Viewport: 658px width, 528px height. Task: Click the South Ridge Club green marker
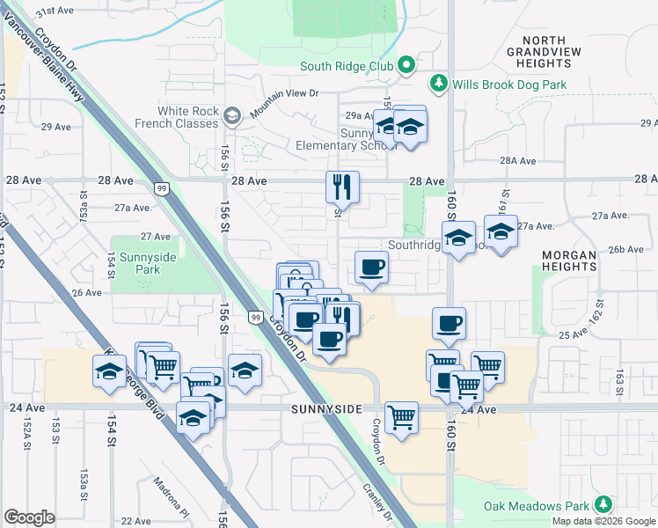[x=406, y=65]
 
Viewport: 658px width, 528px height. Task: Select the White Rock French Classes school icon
[x=232, y=115]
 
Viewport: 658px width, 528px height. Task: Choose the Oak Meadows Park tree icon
[x=603, y=504]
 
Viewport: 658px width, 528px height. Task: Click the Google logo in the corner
[x=29, y=517]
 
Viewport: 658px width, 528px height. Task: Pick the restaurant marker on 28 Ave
[x=342, y=187]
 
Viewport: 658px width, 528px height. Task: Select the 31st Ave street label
[x=55, y=11]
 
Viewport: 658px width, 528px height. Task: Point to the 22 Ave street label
[x=135, y=521]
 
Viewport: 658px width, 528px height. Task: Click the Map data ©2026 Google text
[x=604, y=521]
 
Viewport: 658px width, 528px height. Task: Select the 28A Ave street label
[x=517, y=161]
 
